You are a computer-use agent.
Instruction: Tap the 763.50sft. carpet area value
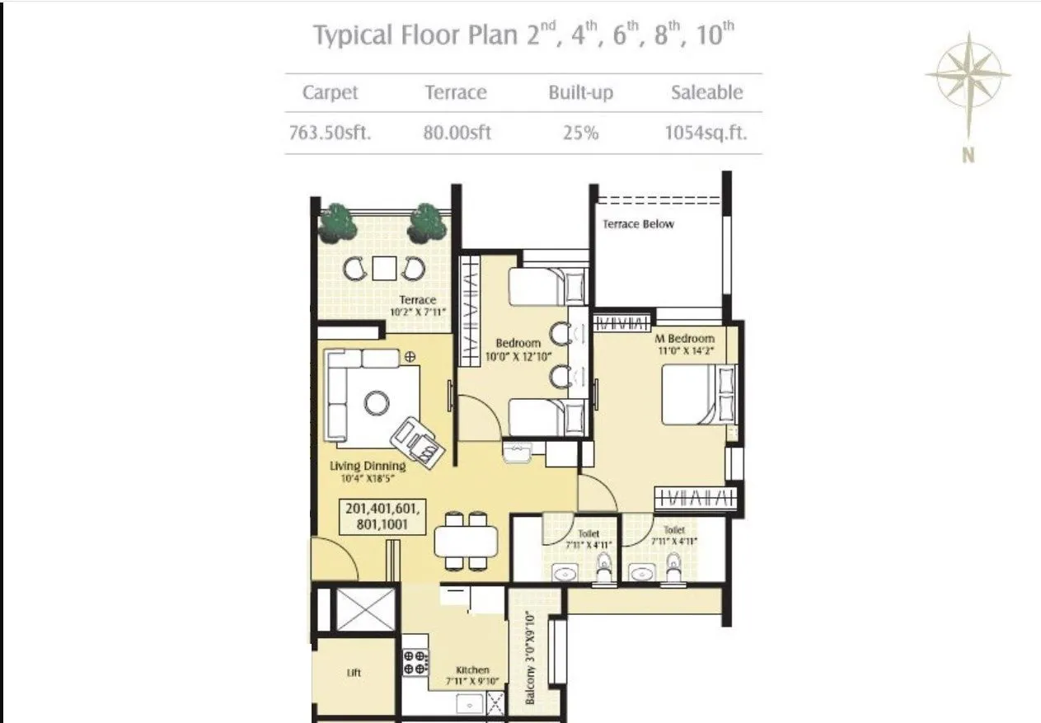click(x=330, y=133)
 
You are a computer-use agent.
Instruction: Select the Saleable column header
click(x=706, y=92)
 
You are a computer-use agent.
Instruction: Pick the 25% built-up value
click(x=580, y=133)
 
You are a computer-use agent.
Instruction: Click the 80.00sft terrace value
click(x=457, y=133)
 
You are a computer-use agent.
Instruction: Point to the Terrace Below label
click(x=638, y=224)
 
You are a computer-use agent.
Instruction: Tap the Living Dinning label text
click(x=368, y=467)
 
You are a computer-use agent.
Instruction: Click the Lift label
click(x=354, y=673)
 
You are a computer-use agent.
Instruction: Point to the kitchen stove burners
click(x=415, y=662)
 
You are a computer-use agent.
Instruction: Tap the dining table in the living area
click(x=466, y=542)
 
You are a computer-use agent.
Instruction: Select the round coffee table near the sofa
click(x=377, y=402)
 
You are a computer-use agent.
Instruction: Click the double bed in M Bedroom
click(x=696, y=395)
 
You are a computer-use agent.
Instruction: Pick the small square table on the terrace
click(x=384, y=269)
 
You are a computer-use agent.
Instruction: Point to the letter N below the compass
click(x=968, y=154)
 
